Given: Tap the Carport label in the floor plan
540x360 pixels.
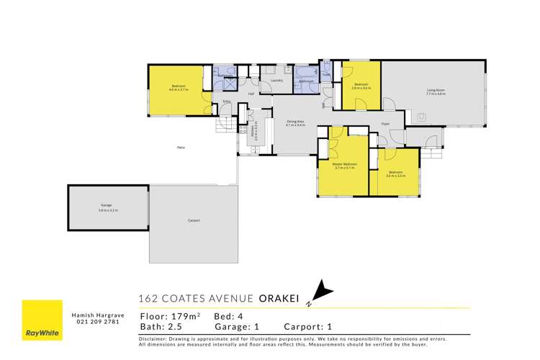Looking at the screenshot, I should [193, 220].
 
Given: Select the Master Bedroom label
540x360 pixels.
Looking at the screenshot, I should [343, 165].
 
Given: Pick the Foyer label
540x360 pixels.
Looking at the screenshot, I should [385, 124].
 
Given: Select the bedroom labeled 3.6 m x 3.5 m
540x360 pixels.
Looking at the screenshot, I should [395, 174].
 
